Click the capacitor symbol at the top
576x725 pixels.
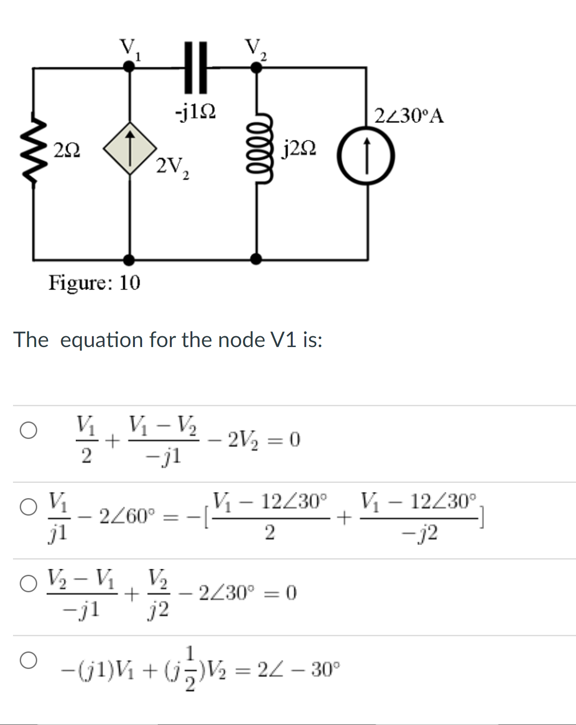[x=196, y=67]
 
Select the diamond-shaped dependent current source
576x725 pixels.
[x=130, y=148]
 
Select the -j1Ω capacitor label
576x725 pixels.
[x=195, y=112]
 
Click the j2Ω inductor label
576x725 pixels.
[x=299, y=148]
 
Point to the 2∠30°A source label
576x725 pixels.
[x=409, y=116]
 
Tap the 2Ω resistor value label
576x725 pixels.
[x=67, y=149]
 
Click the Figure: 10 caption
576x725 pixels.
[x=94, y=283]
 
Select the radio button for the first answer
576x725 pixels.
[x=28, y=430]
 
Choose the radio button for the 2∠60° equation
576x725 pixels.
[x=28, y=508]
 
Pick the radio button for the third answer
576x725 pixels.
[x=28, y=584]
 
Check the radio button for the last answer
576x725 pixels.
[x=28, y=660]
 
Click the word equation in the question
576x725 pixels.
[x=101, y=340]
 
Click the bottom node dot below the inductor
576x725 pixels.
[x=256, y=259]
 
